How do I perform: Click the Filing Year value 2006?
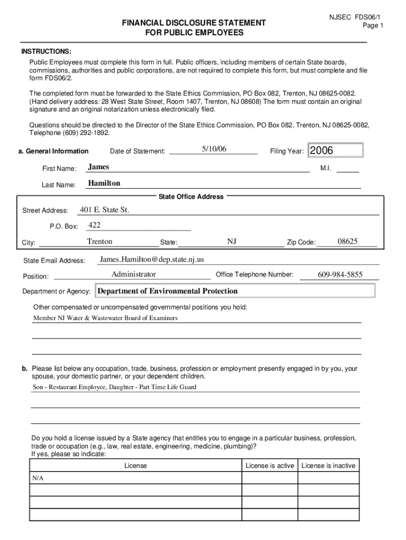click(x=322, y=151)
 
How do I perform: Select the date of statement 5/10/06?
click(x=214, y=149)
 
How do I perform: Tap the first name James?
click(x=99, y=167)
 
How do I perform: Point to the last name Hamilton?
click(x=104, y=183)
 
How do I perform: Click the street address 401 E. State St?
click(x=104, y=210)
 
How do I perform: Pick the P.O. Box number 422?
click(x=94, y=225)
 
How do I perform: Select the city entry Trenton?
click(x=100, y=242)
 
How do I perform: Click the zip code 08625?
click(x=347, y=242)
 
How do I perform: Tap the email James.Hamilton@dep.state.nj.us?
click(x=152, y=259)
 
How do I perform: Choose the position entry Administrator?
click(x=133, y=274)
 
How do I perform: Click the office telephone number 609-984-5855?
click(x=340, y=275)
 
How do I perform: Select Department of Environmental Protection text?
click(x=168, y=291)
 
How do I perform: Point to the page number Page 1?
click(x=373, y=26)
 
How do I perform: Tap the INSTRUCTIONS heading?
click(x=46, y=51)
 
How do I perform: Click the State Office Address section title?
click(x=191, y=197)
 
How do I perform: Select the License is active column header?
click(x=270, y=466)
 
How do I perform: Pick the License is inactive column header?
click(x=328, y=466)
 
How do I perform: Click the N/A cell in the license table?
click(x=37, y=478)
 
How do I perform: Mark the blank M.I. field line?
click(x=347, y=170)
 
